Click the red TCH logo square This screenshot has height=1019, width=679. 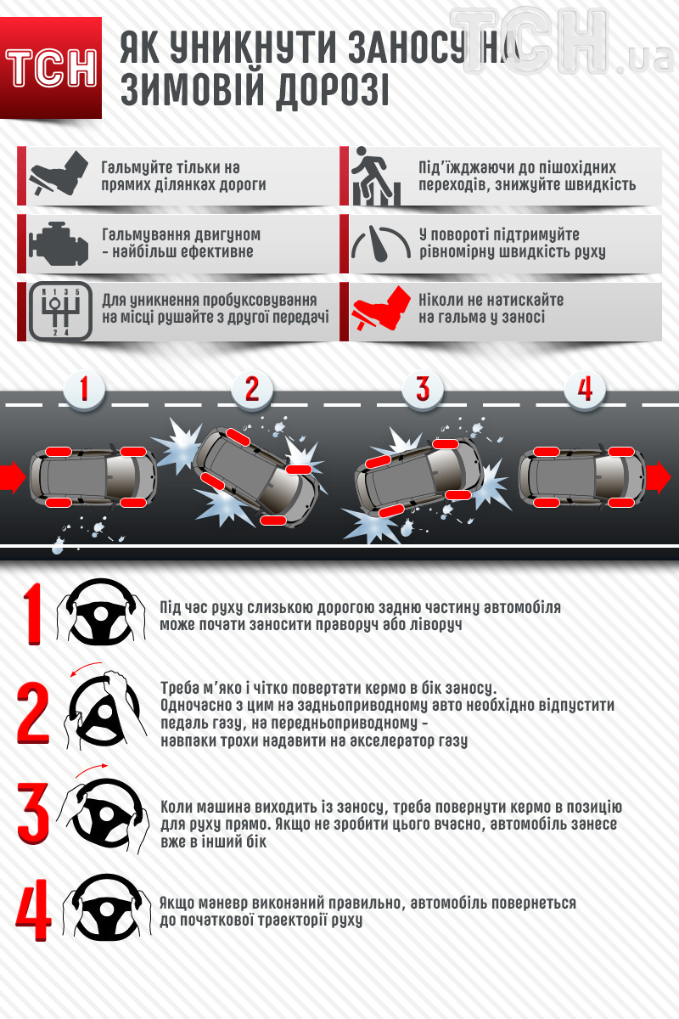[50, 68]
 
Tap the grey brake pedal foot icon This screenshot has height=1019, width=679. [59, 173]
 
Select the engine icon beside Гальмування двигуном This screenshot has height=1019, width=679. [59, 244]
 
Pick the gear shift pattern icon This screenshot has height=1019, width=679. [60, 311]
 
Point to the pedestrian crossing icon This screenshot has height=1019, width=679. [376, 176]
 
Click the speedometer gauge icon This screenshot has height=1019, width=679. [381, 244]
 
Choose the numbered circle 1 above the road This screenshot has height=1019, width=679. [84, 390]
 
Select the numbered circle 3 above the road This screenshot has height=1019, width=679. [423, 390]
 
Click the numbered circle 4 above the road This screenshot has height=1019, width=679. [585, 390]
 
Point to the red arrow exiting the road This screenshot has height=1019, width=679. [658, 477]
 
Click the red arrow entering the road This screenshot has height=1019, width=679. [13, 477]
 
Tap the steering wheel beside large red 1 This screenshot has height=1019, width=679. [100, 612]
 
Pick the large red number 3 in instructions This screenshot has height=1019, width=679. [33, 814]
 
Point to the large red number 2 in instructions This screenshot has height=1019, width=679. [33, 712]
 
